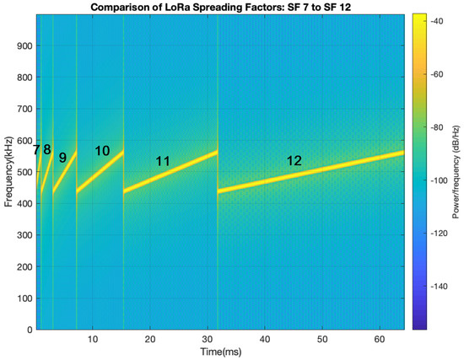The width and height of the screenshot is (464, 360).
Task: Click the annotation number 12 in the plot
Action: [x=294, y=161]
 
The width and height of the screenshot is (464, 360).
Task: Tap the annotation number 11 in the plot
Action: [x=164, y=161]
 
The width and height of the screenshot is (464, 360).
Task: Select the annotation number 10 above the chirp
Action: [x=102, y=151]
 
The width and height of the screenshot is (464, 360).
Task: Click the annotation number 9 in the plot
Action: [x=62, y=157]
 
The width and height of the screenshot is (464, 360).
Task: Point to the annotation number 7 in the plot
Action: [x=36, y=150]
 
